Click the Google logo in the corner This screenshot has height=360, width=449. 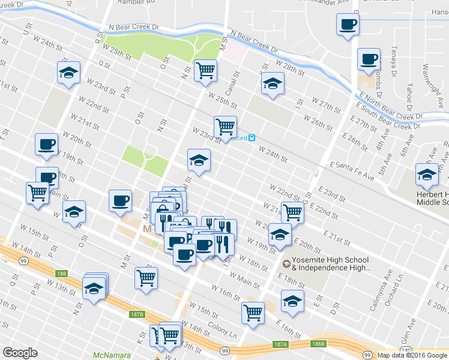(x=20, y=353)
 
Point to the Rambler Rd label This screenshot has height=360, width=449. (x=136, y=2)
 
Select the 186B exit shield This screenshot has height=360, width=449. (x=318, y=344)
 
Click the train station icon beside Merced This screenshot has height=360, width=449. (x=253, y=137)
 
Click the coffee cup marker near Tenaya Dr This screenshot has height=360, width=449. (x=369, y=59)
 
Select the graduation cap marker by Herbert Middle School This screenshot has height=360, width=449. (x=427, y=176)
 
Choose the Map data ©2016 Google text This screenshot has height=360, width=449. (x=412, y=355)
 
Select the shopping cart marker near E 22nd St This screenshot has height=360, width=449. (x=292, y=212)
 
